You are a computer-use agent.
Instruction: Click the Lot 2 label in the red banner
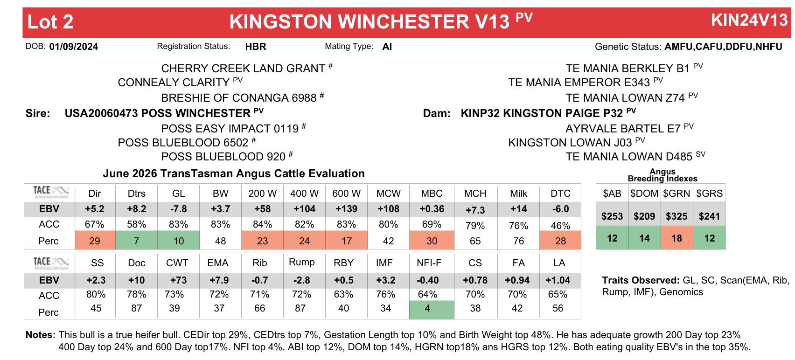coord(50,22)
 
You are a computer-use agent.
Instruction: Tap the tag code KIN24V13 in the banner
coord(749,20)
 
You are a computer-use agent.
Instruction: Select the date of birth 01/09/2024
coord(73,47)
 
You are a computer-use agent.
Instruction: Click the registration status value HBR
coord(256,47)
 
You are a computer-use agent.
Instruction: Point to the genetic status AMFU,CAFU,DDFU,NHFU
coord(723,47)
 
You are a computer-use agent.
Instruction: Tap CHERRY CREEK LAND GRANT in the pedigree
coord(243,69)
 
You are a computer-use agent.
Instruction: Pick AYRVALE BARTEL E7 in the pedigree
coord(623,128)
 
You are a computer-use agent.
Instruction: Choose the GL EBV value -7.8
coord(179,209)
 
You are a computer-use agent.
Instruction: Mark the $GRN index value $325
coord(677,216)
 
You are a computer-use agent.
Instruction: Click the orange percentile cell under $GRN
coord(677,238)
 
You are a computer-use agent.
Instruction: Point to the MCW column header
coord(388,194)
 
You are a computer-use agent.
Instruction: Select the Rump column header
coord(302,262)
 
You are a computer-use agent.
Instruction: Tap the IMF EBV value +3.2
coord(386,280)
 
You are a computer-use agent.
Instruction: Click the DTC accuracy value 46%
coord(560,226)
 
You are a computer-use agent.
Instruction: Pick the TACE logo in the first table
coord(51,192)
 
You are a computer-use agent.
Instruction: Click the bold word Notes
coord(41,335)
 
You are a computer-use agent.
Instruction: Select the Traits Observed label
coord(641,280)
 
